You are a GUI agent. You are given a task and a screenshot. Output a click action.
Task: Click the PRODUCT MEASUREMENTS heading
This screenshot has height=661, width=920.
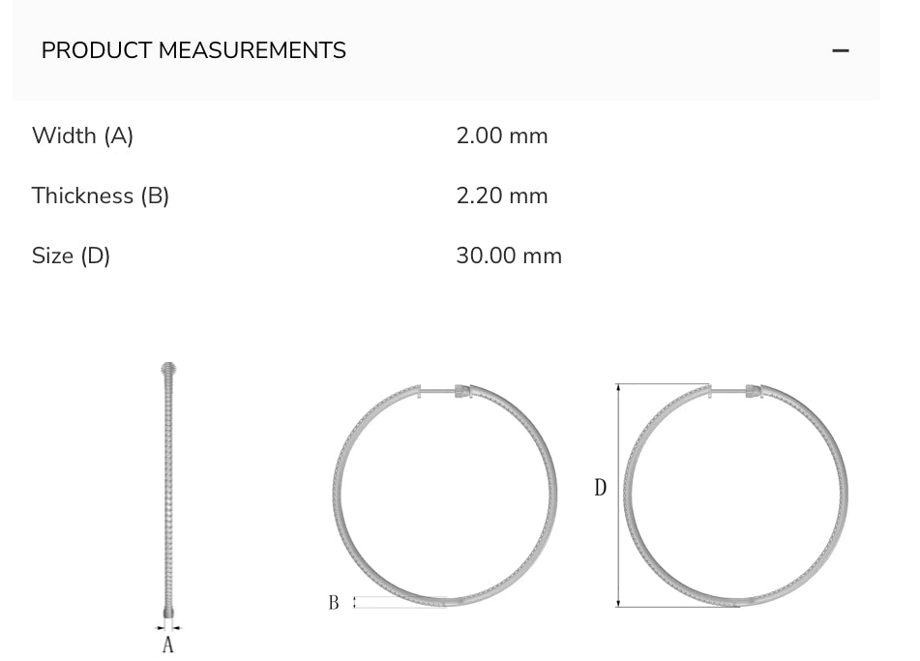(193, 50)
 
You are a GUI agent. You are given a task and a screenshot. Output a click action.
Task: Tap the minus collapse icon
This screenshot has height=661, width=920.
(841, 50)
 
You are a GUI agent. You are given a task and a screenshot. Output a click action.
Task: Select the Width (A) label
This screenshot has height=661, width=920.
(82, 135)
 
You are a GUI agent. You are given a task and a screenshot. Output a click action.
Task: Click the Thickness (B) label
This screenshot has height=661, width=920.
(101, 195)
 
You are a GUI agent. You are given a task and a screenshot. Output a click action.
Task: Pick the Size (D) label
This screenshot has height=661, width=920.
(72, 255)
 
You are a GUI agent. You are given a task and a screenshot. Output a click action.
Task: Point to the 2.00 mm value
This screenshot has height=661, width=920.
(502, 135)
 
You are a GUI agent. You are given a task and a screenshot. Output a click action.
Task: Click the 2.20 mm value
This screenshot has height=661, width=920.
(502, 195)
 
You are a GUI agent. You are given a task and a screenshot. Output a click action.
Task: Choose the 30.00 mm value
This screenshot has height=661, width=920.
(509, 255)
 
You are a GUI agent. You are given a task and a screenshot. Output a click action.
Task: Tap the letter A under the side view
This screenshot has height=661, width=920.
(168, 645)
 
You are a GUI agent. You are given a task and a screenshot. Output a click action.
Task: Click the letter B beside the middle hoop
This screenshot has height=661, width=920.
(334, 603)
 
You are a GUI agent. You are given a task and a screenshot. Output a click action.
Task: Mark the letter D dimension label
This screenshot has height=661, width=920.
(600, 488)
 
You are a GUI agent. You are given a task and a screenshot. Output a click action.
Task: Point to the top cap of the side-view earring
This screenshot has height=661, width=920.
(168, 369)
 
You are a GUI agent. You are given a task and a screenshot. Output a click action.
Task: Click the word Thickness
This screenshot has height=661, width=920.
(82, 195)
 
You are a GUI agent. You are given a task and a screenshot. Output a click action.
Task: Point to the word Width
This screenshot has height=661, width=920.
(64, 135)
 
